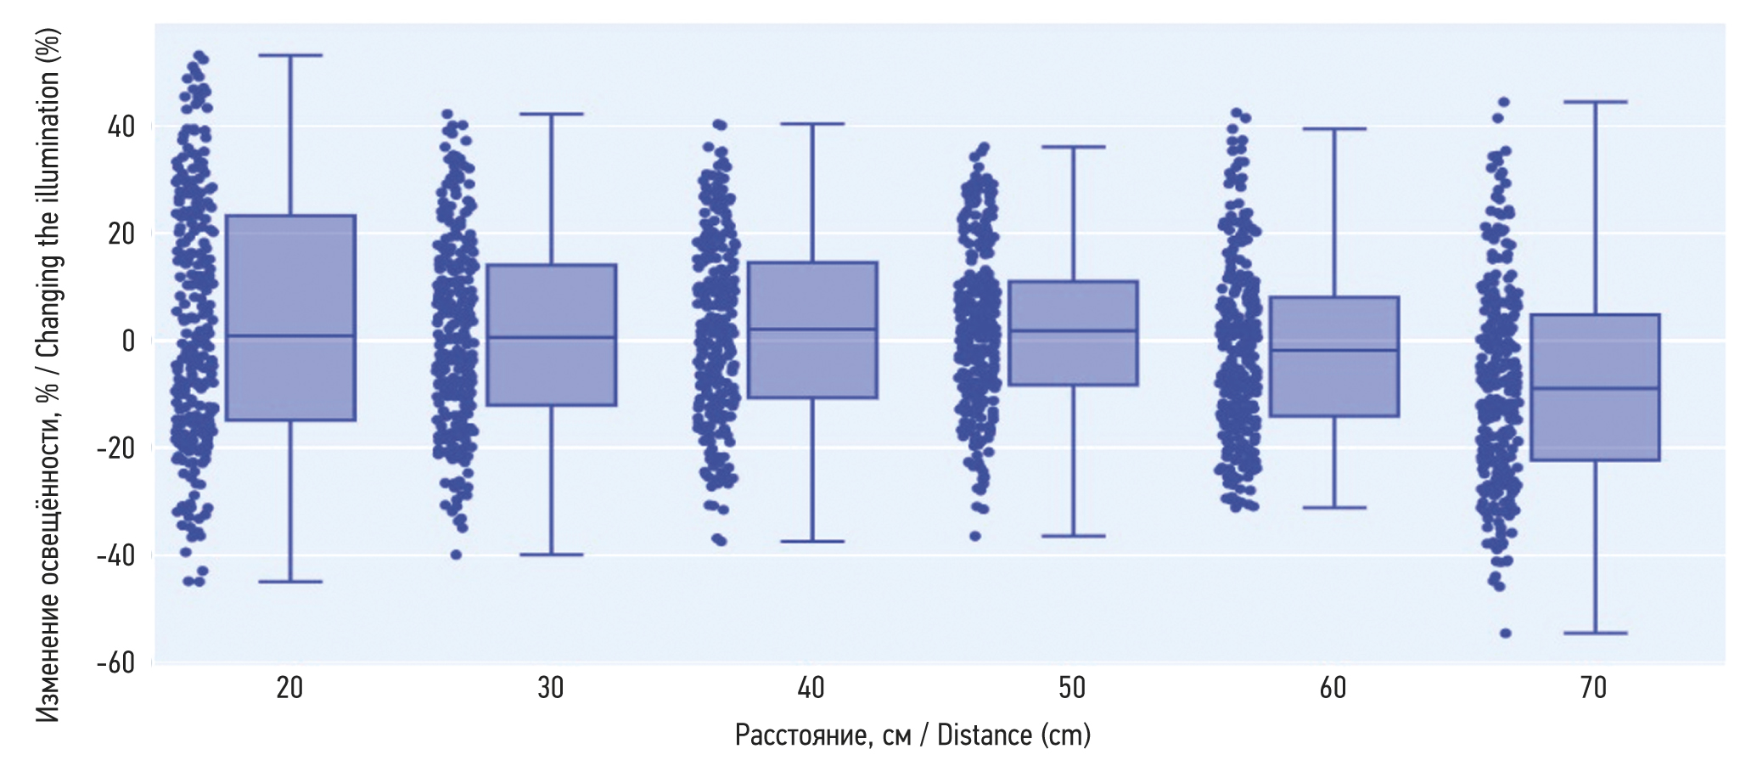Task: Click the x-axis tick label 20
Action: pyautogui.click(x=289, y=688)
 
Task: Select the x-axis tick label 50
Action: pyautogui.click(x=1072, y=688)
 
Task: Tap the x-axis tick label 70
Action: pyautogui.click(x=1594, y=688)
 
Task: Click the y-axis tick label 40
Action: pyautogui.click(x=121, y=127)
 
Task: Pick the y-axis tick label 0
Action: pyautogui.click(x=128, y=341)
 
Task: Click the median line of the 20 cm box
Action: pyautogui.click(x=290, y=336)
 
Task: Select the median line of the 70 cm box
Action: pyautogui.click(x=1595, y=388)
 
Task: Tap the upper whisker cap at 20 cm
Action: pyautogui.click(x=290, y=55)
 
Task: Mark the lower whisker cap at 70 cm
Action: pyautogui.click(x=1595, y=633)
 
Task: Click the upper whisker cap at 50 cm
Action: pyautogui.click(x=1073, y=147)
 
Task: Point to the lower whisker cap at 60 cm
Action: pyautogui.click(x=1334, y=507)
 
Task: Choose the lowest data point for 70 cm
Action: pyautogui.click(x=1505, y=633)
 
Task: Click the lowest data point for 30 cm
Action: pyautogui.click(x=456, y=555)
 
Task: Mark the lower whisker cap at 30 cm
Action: pyautogui.click(x=551, y=555)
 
